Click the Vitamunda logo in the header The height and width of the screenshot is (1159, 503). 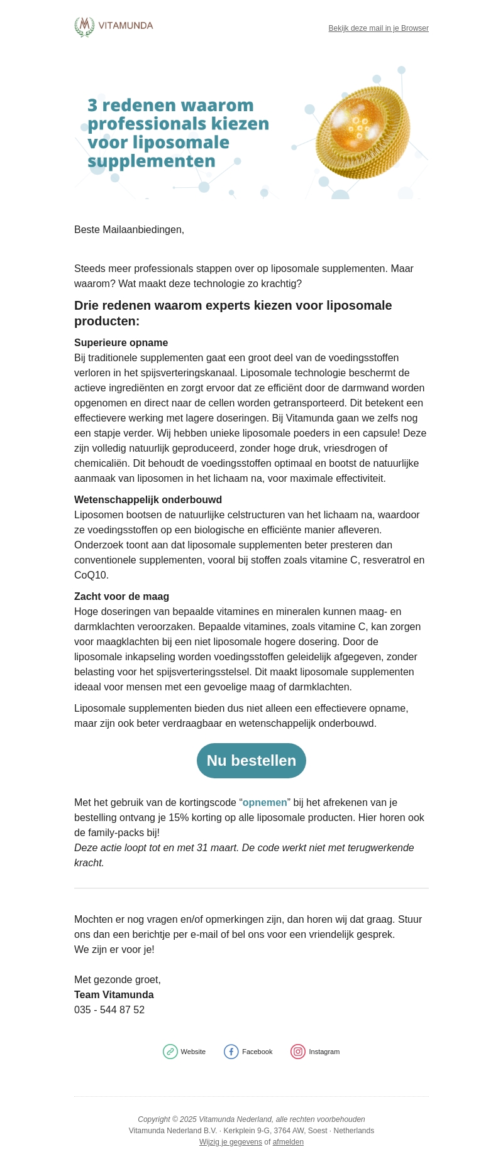click(x=114, y=26)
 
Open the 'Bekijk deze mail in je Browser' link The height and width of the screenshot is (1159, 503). click(x=379, y=28)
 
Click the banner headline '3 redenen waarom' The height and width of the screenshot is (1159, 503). click(x=170, y=105)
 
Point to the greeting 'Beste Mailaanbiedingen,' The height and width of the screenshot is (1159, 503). click(x=129, y=230)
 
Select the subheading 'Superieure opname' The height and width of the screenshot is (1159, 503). click(x=121, y=343)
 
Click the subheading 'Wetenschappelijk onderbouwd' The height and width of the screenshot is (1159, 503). click(x=148, y=500)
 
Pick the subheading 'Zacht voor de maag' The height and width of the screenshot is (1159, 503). click(x=121, y=597)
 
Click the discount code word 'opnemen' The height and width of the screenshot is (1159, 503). click(x=265, y=803)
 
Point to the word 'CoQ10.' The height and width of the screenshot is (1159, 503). click(x=91, y=575)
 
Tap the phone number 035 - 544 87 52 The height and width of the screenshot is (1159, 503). click(x=109, y=1010)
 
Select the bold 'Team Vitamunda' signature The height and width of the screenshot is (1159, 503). click(x=114, y=995)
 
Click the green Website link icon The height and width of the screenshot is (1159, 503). click(x=170, y=1052)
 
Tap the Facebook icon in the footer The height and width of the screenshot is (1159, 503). click(x=231, y=1052)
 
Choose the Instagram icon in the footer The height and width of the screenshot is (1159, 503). click(x=298, y=1052)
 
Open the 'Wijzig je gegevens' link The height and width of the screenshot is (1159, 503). click(x=231, y=1142)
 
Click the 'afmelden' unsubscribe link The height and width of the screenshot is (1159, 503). click(x=288, y=1142)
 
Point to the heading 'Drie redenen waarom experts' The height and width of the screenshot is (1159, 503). click(x=233, y=306)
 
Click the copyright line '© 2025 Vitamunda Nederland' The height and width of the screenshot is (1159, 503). click(x=251, y=1119)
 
